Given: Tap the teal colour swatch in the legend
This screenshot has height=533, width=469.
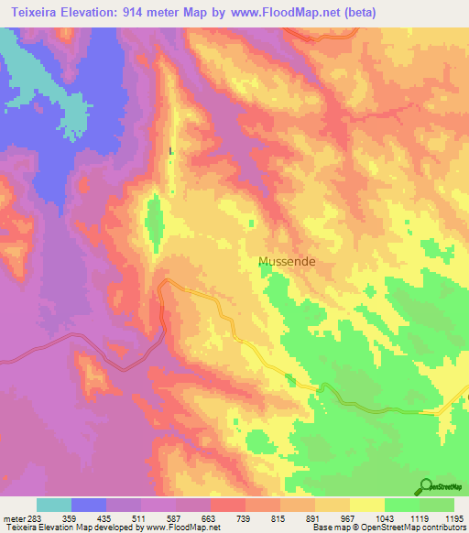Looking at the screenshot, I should pyautogui.click(x=54, y=505).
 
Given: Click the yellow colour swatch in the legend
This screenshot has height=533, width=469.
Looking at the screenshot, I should pyautogui.click(x=367, y=505).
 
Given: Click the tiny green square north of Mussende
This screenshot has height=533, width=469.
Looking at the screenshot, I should pyautogui.click(x=253, y=223).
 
